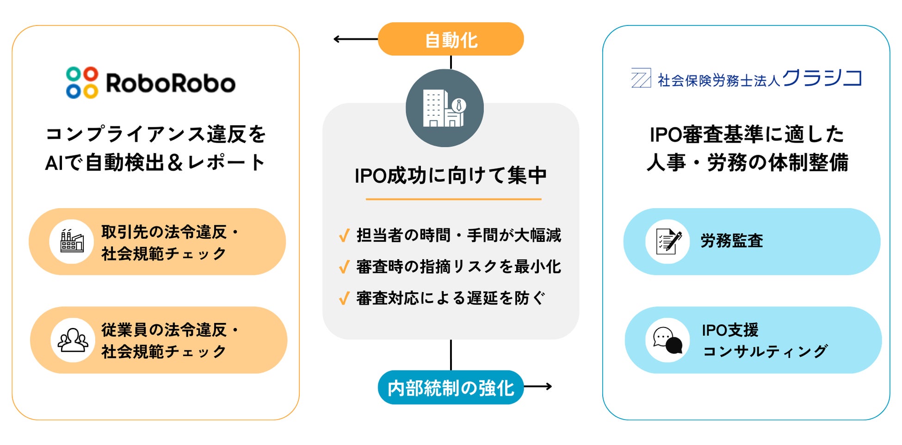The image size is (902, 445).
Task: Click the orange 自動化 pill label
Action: pos(451,39)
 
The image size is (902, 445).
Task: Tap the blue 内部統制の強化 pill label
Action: pos(451,388)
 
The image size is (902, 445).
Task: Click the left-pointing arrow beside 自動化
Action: pos(354,39)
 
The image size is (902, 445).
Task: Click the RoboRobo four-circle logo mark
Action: pos(82,83)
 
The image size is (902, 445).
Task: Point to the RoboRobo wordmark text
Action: pos(170,83)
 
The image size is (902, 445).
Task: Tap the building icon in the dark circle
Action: pos(444,108)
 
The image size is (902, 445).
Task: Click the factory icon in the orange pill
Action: pos(72,241)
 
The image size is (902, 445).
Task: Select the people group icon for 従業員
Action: pos(73,340)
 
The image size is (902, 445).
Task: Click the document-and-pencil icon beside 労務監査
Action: pos(667,241)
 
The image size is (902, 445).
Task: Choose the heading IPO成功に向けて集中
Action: pos(451,176)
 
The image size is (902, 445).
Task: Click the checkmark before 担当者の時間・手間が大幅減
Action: pos(344,236)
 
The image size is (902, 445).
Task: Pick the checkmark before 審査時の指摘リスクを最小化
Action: pos(344,267)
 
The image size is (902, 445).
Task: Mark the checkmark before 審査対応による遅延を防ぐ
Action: pos(344,298)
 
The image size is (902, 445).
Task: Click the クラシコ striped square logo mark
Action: pos(641,78)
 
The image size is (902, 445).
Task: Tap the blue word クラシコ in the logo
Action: pos(822,78)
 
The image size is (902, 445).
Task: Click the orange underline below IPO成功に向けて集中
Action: pos(453,199)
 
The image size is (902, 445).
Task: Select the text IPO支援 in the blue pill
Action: pos(730,330)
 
